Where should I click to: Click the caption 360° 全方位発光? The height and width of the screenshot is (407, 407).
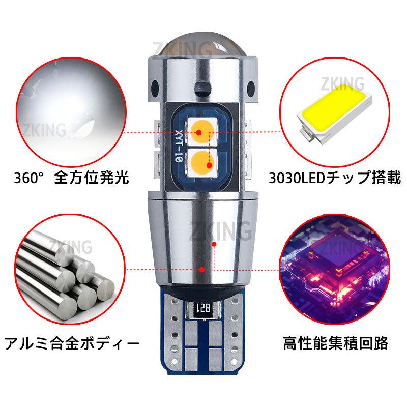pos(71,178)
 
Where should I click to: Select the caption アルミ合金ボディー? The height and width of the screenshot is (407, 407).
pos(71,342)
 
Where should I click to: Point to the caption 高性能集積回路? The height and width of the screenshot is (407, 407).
pos(336,342)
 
